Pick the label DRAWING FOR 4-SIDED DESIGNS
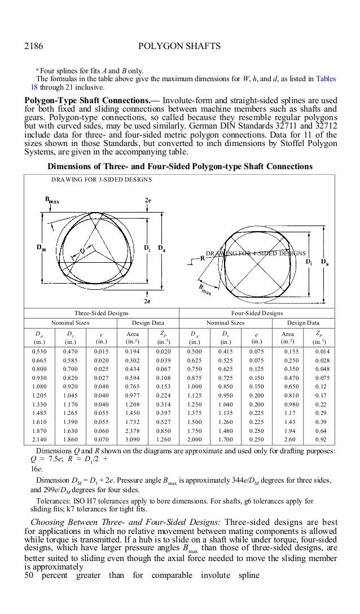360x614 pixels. pyautogui.click(x=256, y=254)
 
